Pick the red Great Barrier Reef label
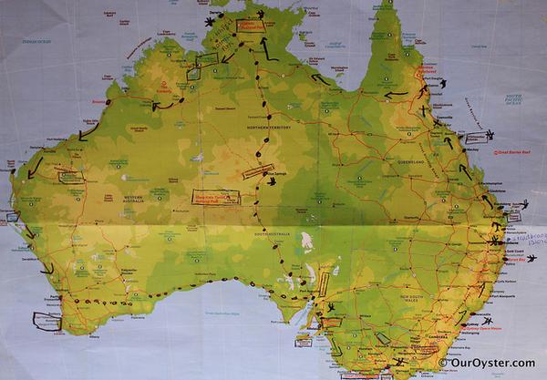[x=513, y=155]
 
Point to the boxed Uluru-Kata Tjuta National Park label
[x=217, y=196]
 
